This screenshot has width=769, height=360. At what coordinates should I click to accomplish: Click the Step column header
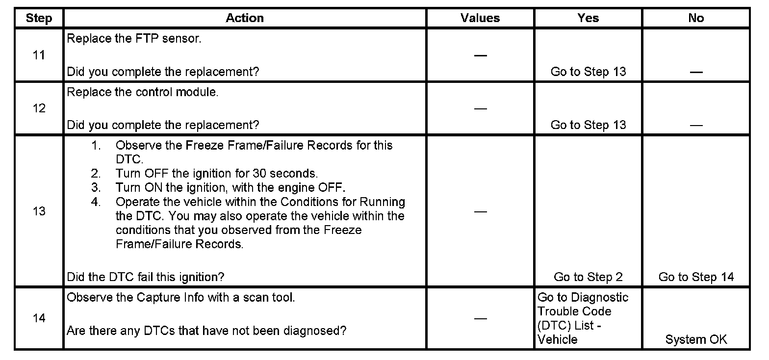(x=39, y=18)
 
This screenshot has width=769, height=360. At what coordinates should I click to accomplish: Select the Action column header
(x=245, y=18)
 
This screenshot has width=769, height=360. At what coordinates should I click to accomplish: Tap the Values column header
(x=480, y=18)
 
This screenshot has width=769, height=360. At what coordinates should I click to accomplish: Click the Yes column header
(x=588, y=18)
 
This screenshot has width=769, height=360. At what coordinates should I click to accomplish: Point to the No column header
(x=696, y=18)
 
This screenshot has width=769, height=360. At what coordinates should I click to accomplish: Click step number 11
(x=39, y=55)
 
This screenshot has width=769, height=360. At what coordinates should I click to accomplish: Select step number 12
(x=39, y=108)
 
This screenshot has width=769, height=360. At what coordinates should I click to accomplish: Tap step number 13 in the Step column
(x=39, y=211)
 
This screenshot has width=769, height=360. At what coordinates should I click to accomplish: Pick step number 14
(x=39, y=318)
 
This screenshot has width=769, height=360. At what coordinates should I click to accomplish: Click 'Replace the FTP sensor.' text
(x=134, y=39)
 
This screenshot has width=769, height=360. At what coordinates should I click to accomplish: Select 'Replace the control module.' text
(x=142, y=92)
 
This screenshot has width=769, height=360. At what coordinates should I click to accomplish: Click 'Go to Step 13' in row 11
(x=588, y=72)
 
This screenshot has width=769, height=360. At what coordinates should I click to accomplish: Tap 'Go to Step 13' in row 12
(x=588, y=125)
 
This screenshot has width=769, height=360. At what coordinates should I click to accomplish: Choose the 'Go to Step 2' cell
(x=588, y=277)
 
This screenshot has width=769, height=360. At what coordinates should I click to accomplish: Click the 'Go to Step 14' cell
(x=696, y=277)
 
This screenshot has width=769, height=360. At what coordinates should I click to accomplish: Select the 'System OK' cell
(x=696, y=339)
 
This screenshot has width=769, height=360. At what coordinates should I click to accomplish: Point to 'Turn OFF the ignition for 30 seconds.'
(x=217, y=174)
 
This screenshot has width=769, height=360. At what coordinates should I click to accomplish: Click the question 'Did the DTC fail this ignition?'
(x=145, y=277)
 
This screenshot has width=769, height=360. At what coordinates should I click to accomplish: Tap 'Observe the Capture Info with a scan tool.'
(x=180, y=298)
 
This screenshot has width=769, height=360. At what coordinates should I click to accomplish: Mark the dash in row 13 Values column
(x=480, y=211)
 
